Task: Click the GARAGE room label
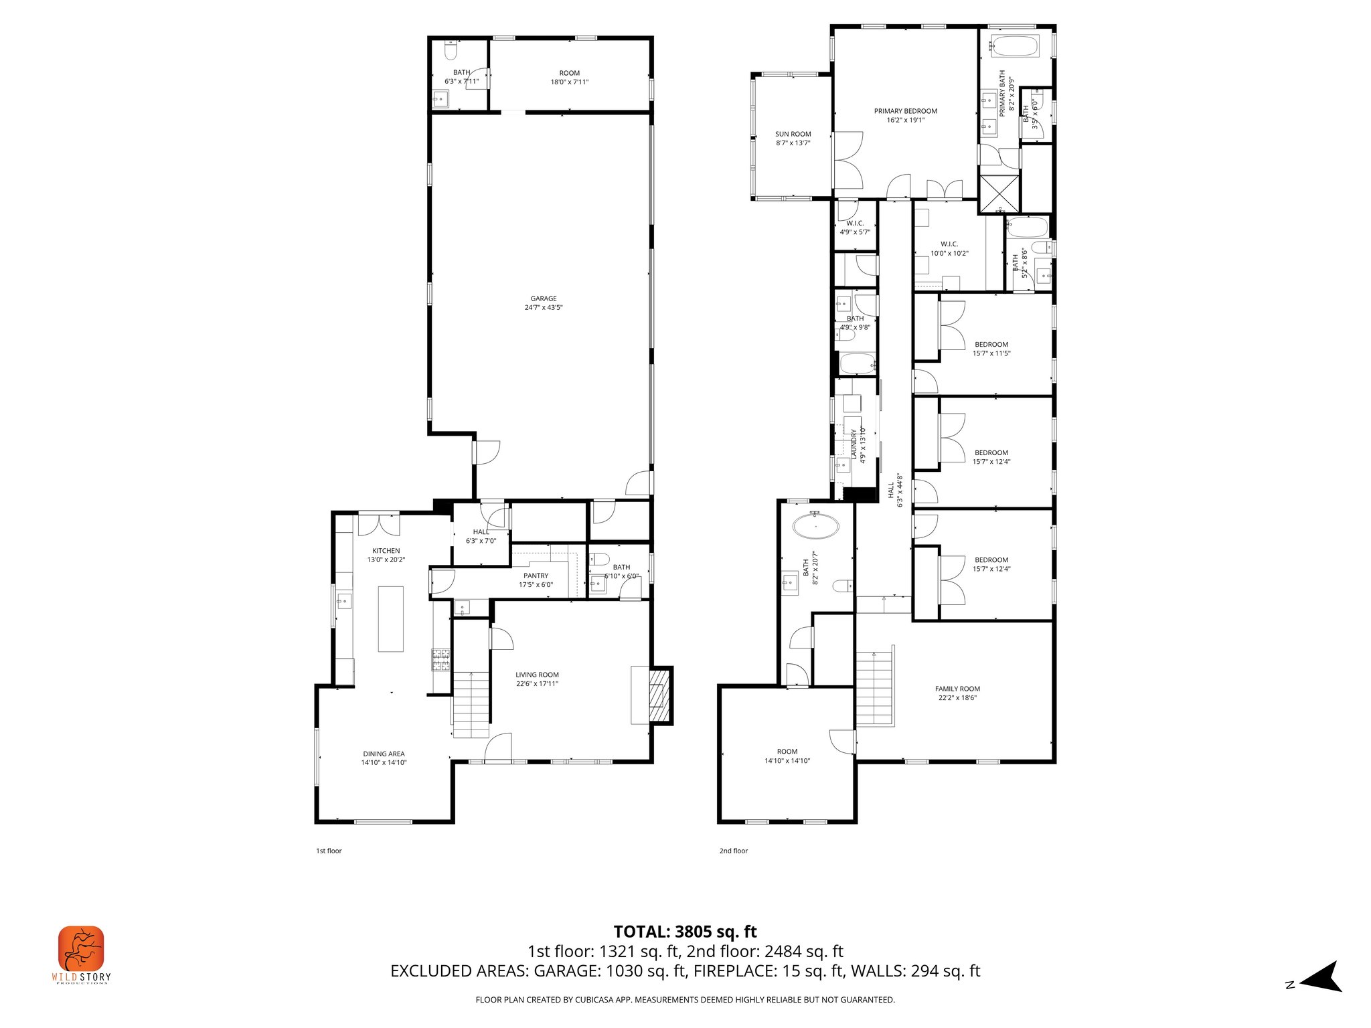click(544, 299)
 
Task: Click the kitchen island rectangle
click(391, 619)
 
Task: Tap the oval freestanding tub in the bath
click(815, 526)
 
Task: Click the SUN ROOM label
click(793, 135)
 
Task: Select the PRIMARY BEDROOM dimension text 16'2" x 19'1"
click(906, 120)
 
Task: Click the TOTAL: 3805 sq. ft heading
click(685, 932)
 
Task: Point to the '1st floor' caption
click(329, 851)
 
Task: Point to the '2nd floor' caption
click(734, 851)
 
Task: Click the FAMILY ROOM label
click(957, 689)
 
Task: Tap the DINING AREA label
click(384, 754)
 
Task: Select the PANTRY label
click(536, 576)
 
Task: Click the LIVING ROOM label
click(537, 675)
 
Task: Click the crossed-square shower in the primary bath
click(999, 193)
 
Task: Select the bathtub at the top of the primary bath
click(1014, 48)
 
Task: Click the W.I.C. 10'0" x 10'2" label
click(949, 245)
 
